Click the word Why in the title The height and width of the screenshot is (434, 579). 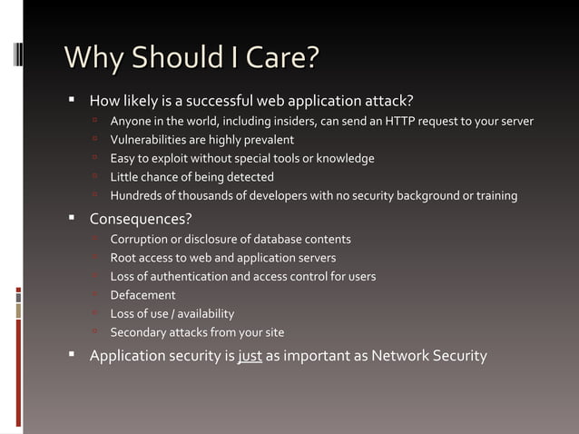(x=88, y=58)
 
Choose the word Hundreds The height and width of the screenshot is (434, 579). (x=136, y=195)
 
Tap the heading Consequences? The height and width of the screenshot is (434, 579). (x=141, y=219)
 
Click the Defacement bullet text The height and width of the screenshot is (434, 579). (x=142, y=295)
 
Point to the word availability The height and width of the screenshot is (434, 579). (x=204, y=313)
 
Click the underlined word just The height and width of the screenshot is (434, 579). (x=250, y=355)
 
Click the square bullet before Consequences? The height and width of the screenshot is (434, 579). (x=73, y=219)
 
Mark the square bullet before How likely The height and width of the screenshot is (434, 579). (x=73, y=99)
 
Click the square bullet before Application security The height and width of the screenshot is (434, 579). (x=73, y=355)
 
